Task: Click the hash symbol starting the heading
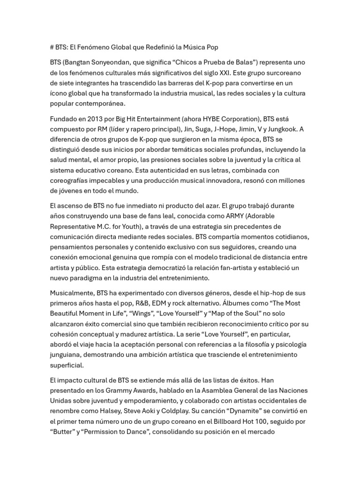[x=52, y=47]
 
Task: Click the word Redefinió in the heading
[x=157, y=47]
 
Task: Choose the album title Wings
[x=142, y=314]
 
